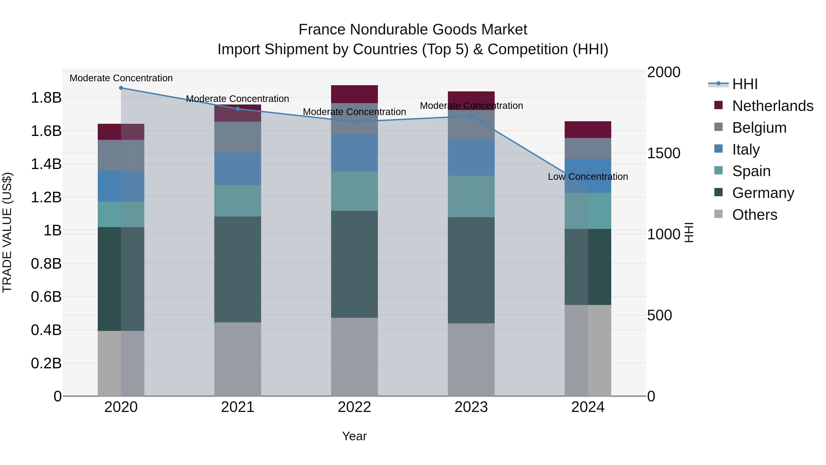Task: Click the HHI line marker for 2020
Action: pyautogui.click(x=121, y=88)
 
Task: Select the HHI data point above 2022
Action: pyautogui.click(x=354, y=122)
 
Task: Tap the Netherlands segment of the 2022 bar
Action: pyautogui.click(x=354, y=94)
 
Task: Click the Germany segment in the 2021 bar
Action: pyautogui.click(x=238, y=270)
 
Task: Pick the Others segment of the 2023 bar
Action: pyautogui.click(x=471, y=359)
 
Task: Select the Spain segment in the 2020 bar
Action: pyautogui.click(x=121, y=214)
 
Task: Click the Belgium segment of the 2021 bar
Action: pyautogui.click(x=238, y=137)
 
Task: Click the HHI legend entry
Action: pyautogui.click(x=745, y=84)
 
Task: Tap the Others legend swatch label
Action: pyautogui.click(x=754, y=215)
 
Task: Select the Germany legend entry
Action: pyautogui.click(x=763, y=193)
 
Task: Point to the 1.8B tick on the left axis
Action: pyautogui.click(x=46, y=98)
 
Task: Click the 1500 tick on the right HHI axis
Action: pyautogui.click(x=663, y=153)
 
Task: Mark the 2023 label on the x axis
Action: pyautogui.click(x=471, y=407)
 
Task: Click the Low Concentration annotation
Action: pyautogui.click(x=588, y=177)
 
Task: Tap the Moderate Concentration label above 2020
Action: pyautogui.click(x=121, y=78)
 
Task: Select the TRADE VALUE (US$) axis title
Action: pyautogui.click(x=7, y=232)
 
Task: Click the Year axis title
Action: pyautogui.click(x=354, y=436)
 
